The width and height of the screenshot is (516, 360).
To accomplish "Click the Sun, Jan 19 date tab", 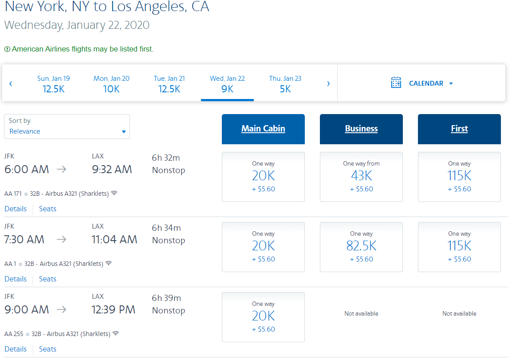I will click(x=53, y=83).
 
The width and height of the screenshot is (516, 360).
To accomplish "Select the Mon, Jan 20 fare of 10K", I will click(x=111, y=83).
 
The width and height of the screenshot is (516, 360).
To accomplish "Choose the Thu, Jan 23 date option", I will click(x=285, y=83).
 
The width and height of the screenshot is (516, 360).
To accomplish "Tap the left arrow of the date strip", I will click(x=11, y=83).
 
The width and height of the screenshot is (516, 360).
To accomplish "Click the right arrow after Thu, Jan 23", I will click(x=328, y=83).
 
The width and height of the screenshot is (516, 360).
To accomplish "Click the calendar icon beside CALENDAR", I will click(x=396, y=83).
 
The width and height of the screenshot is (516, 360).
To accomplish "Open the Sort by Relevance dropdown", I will click(x=67, y=127).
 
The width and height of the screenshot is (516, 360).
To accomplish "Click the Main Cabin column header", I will click(x=263, y=129).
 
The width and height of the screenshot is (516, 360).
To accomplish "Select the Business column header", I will click(x=361, y=129).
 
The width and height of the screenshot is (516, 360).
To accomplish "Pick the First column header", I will click(x=459, y=129).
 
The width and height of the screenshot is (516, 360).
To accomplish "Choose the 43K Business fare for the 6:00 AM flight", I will click(x=361, y=177).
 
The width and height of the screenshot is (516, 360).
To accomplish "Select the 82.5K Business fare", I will click(x=361, y=247).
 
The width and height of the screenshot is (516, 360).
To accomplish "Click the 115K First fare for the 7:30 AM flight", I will click(x=459, y=247).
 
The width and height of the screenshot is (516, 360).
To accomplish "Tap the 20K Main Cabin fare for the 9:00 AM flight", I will click(x=263, y=317).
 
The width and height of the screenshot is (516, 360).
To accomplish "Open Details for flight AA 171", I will click(x=16, y=209).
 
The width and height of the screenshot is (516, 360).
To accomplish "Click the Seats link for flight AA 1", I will click(x=47, y=279).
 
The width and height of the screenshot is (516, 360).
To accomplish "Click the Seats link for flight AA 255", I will click(x=47, y=349).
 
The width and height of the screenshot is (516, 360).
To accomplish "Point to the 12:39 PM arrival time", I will click(x=113, y=310).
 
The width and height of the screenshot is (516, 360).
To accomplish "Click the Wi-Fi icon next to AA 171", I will click(x=114, y=193).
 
